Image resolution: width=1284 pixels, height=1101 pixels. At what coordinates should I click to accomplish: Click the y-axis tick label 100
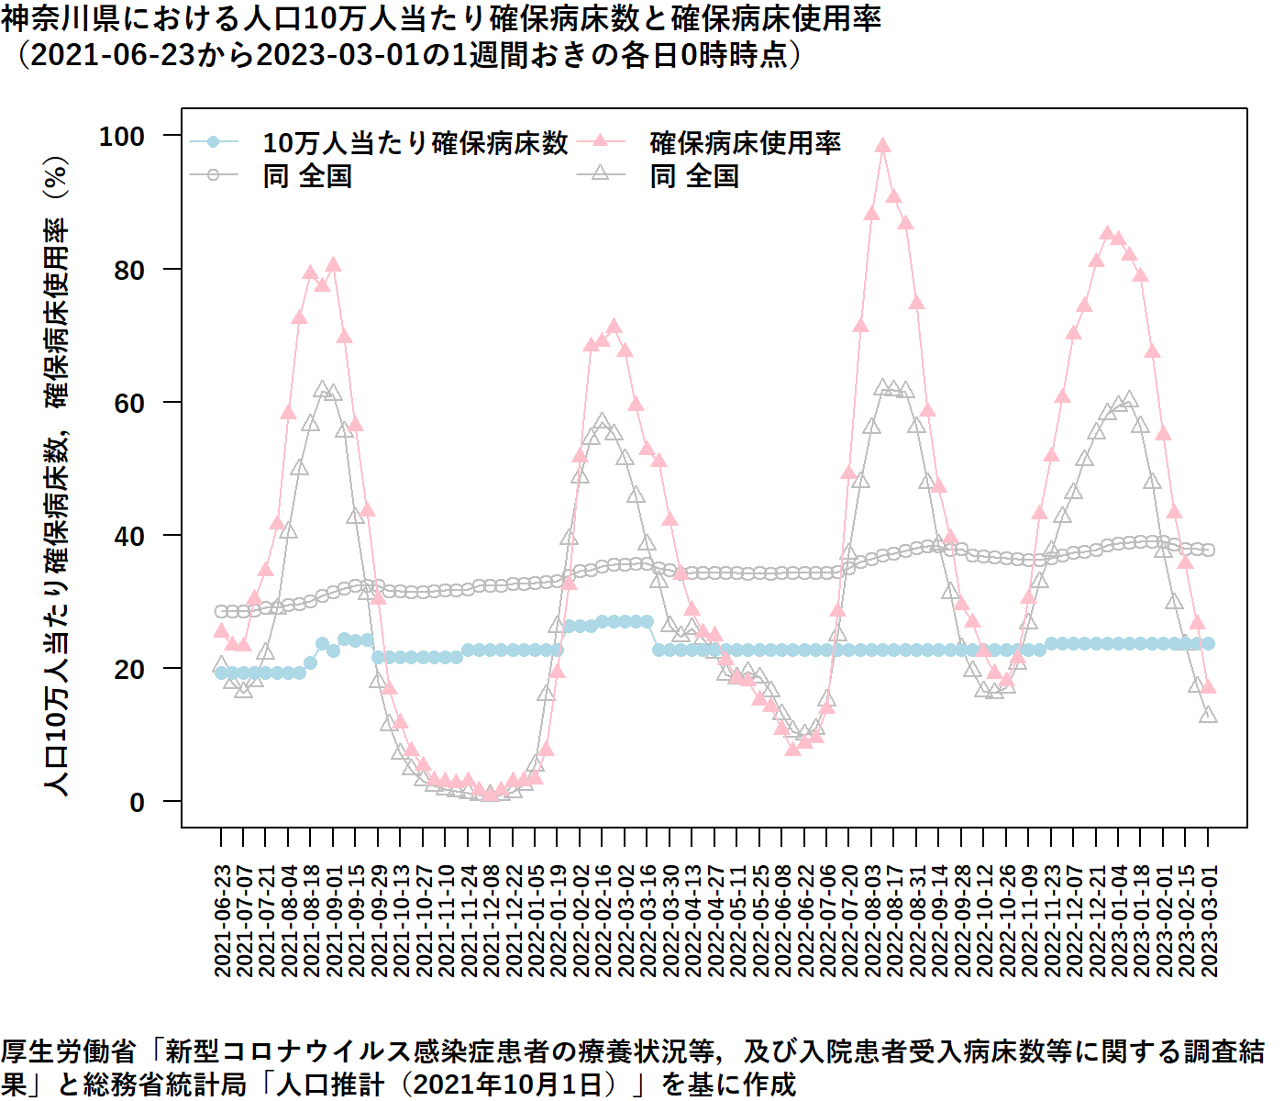[x=122, y=137]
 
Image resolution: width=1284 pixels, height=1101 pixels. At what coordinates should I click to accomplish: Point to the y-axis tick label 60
[x=129, y=403]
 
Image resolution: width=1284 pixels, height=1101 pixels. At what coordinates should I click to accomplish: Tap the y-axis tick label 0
[x=137, y=803]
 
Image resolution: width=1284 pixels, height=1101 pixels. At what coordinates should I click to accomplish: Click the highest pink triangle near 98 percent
[x=883, y=145]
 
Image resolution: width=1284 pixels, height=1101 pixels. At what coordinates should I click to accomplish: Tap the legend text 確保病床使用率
[x=745, y=143]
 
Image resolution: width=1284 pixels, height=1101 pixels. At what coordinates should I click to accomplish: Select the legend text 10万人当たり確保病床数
[x=415, y=143]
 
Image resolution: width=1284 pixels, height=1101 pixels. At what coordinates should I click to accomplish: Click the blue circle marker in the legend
[x=214, y=141]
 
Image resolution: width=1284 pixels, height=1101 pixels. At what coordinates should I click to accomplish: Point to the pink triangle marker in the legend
[x=601, y=140]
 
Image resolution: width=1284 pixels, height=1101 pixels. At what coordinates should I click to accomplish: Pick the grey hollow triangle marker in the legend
[x=601, y=172]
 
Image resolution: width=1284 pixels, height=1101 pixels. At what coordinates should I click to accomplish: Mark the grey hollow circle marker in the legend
[x=214, y=174]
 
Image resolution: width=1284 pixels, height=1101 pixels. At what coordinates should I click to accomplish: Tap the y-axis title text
[x=57, y=477]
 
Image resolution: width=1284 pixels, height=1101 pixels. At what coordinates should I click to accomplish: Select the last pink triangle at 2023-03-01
[x=1209, y=686]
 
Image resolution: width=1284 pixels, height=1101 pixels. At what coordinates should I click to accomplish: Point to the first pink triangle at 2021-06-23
[x=221, y=631]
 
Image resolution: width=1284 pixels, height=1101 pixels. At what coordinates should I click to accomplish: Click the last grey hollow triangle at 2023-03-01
[x=1209, y=715]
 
